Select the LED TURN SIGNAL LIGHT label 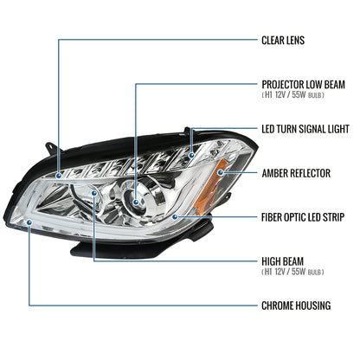[305, 129]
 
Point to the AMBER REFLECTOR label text [295, 173]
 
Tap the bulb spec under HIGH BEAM [292, 272]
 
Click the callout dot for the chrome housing [30, 222]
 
